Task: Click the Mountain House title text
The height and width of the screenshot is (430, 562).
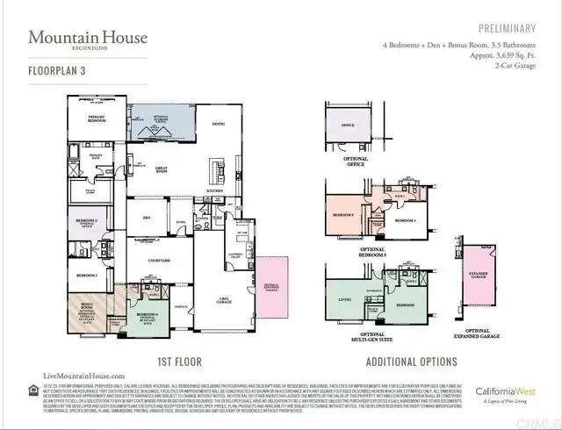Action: coord(88,38)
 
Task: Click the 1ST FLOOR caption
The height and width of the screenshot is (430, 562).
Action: coord(181,361)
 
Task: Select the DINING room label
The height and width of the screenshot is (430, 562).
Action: coord(218,125)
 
